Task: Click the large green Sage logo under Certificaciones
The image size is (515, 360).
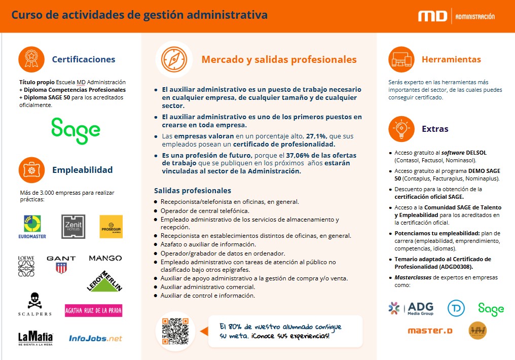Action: click(x=76, y=131)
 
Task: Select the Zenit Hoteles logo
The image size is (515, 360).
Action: click(x=72, y=226)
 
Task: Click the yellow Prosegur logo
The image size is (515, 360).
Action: click(x=111, y=226)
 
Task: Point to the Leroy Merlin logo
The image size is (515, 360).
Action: click(x=105, y=280)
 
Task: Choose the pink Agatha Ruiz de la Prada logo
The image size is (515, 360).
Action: click(x=93, y=310)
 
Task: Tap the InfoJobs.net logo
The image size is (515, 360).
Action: click(x=95, y=338)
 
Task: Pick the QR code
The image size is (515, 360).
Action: click(x=175, y=332)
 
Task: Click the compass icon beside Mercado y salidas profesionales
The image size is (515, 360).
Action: click(x=174, y=59)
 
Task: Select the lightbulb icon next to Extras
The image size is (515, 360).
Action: click(x=401, y=129)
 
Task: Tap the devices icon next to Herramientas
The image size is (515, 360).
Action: click(x=401, y=59)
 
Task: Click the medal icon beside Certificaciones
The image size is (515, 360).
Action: click(x=31, y=59)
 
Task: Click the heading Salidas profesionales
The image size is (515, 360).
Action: click(x=193, y=191)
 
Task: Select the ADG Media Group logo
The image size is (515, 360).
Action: click(x=412, y=308)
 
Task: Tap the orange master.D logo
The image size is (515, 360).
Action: click(x=430, y=331)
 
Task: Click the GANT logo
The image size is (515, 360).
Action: click(x=61, y=264)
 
